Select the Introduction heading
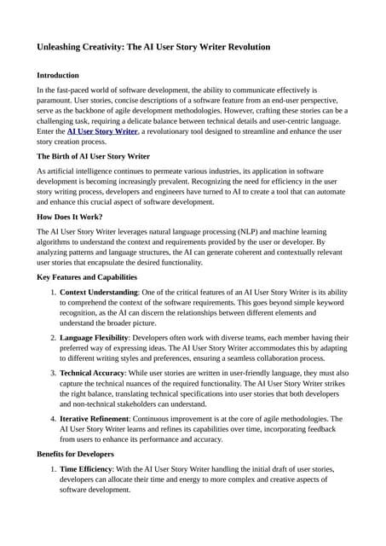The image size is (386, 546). (58, 75)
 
